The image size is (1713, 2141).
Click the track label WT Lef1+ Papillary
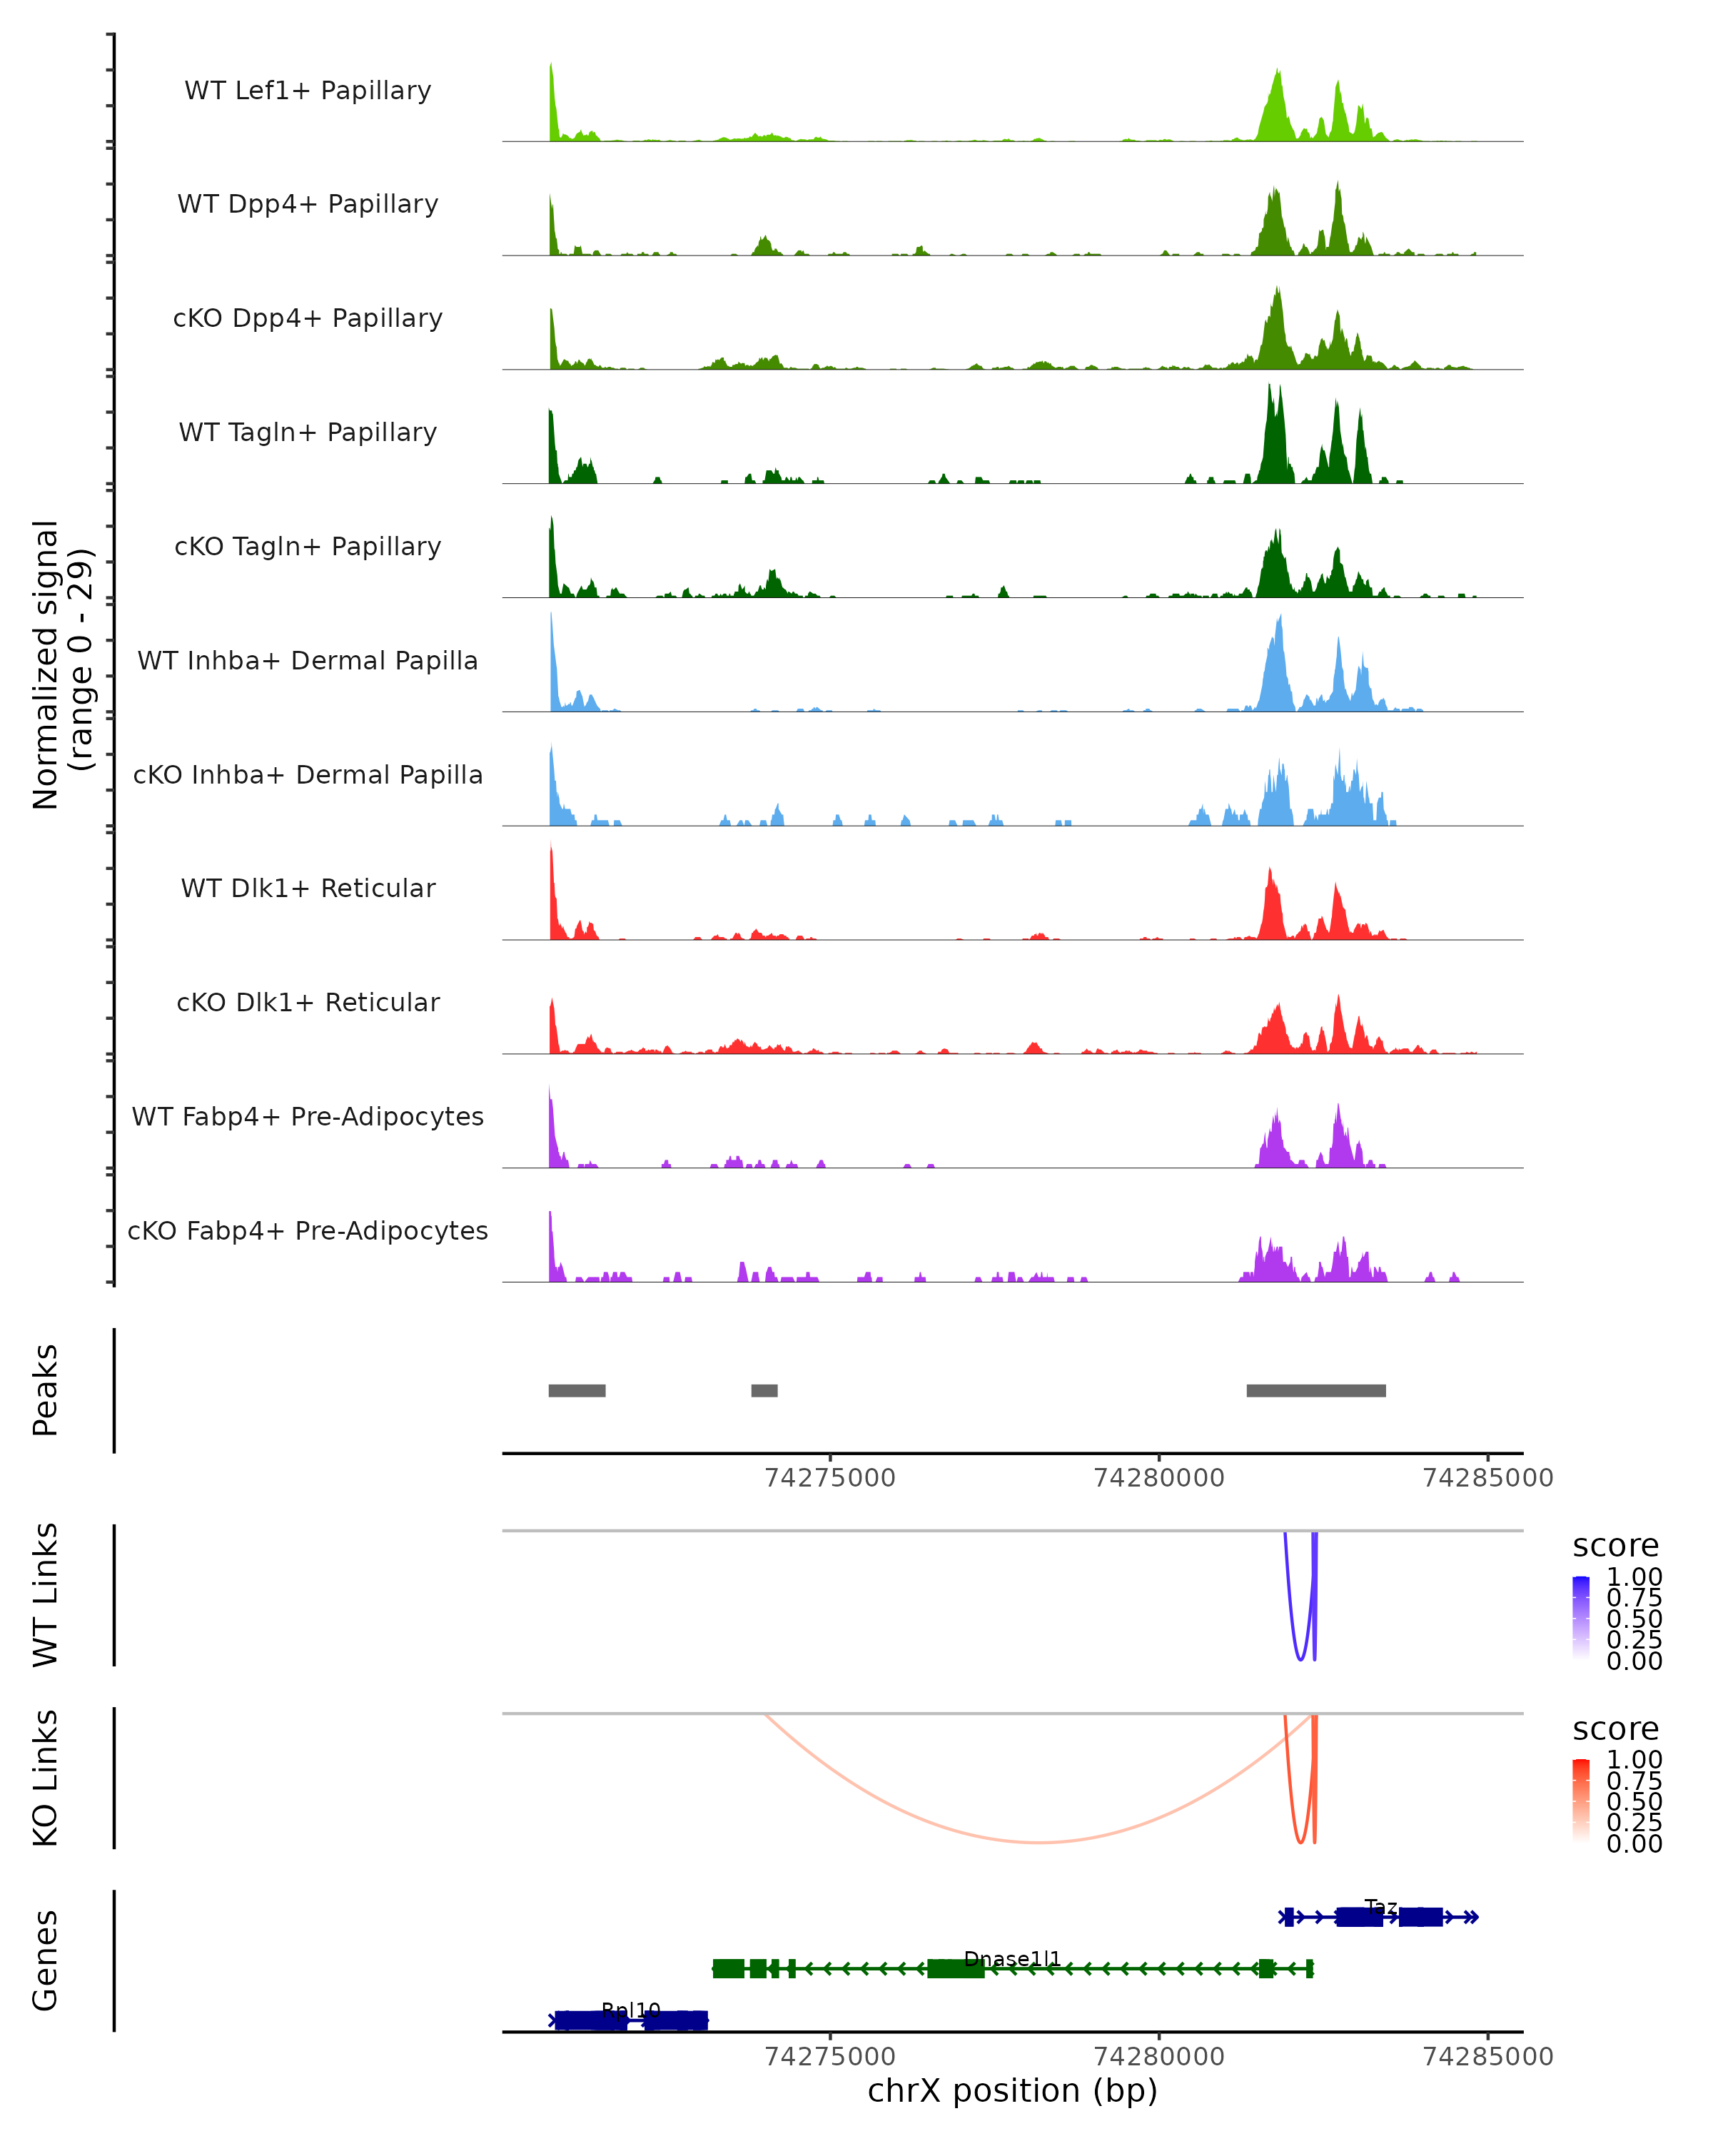308,91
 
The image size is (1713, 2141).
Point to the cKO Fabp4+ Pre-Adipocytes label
308,1230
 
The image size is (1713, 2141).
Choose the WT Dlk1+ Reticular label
308,888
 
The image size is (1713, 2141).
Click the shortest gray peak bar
764,1390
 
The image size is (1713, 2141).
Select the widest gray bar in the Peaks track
1315,1390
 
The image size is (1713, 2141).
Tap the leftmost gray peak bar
577,1390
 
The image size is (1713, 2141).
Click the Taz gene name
1380,1907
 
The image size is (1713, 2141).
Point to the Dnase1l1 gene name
1012,1958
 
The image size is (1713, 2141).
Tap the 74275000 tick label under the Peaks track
830,1478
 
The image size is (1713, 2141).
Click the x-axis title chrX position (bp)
1012,2091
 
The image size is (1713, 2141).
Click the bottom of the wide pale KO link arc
1038,1842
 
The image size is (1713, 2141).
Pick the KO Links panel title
46,1778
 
